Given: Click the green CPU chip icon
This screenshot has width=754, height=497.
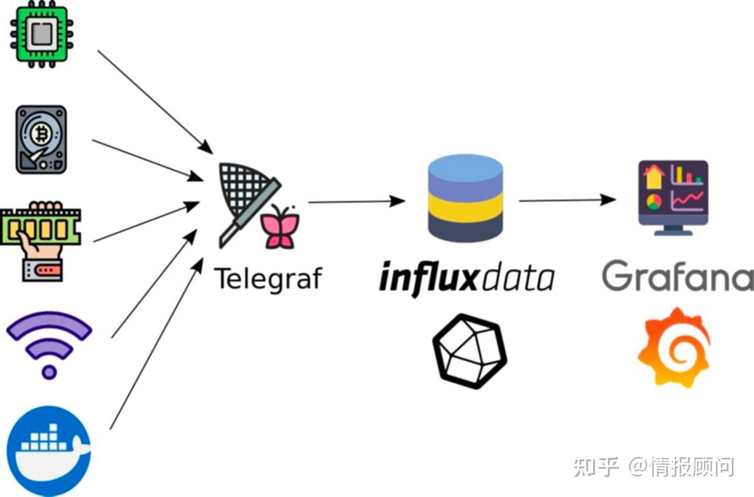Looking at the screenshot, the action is (x=42, y=34).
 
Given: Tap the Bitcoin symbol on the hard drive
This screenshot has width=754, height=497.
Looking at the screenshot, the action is (x=42, y=135).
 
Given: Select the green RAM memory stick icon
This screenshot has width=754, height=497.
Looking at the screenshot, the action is (x=40, y=226).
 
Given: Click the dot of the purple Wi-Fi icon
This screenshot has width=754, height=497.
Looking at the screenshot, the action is (x=49, y=372).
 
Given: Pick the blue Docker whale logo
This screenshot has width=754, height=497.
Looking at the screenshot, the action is (x=49, y=451).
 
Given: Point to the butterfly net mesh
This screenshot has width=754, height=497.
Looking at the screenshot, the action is (x=242, y=187).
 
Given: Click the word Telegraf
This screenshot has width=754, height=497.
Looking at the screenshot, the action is (x=268, y=279).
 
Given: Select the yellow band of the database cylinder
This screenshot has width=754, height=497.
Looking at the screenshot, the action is (x=465, y=207).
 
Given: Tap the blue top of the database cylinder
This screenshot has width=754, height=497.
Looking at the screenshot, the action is (x=465, y=170).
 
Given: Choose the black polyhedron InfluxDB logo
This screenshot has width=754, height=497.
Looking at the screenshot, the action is (x=470, y=351).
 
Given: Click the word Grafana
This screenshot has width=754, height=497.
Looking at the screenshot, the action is (x=678, y=276).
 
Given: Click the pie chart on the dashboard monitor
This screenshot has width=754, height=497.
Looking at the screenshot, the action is (x=653, y=202).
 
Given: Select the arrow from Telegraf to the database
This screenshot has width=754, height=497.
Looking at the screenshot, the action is (x=357, y=202).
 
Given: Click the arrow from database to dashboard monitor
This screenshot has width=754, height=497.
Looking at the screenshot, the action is (x=568, y=201).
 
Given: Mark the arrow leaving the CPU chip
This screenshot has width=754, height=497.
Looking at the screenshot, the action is (x=155, y=102).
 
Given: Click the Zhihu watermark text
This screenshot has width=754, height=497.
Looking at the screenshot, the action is (x=653, y=467).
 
